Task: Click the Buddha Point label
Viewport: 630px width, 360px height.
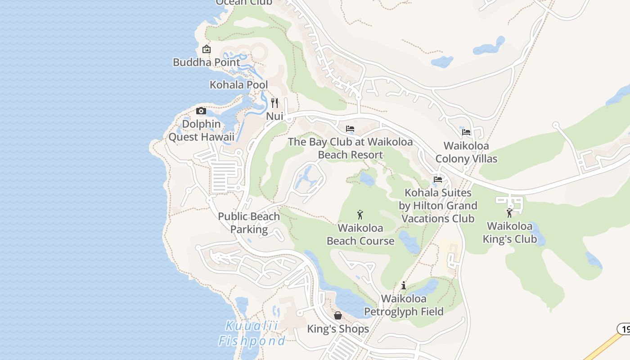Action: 207,62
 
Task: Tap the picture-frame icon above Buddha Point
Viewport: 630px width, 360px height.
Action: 207,49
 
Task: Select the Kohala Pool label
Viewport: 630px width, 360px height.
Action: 238,85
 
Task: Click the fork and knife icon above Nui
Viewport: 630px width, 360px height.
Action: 274,103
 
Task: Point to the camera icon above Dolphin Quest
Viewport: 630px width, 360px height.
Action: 201,111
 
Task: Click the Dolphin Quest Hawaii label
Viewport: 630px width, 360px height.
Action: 201,130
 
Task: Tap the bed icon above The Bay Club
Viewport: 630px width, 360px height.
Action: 350,129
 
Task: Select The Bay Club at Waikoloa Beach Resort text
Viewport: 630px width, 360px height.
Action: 350,148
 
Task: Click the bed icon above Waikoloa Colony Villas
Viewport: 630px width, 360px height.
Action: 466,132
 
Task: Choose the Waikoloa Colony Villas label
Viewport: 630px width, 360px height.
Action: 466,152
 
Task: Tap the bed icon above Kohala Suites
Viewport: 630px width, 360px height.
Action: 438,180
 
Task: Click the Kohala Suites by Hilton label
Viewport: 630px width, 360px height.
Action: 438,206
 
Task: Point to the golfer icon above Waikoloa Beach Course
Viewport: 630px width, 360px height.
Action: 360,215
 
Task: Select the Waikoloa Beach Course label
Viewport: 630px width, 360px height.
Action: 360,234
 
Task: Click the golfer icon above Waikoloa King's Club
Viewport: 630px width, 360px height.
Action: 509,213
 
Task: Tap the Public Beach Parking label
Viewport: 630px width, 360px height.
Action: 249,223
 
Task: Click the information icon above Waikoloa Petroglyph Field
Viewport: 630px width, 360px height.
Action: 404,285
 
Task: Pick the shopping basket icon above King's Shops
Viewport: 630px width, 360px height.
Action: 338,315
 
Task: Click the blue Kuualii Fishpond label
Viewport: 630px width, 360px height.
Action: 252,333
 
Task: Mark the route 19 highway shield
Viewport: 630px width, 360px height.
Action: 624,329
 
